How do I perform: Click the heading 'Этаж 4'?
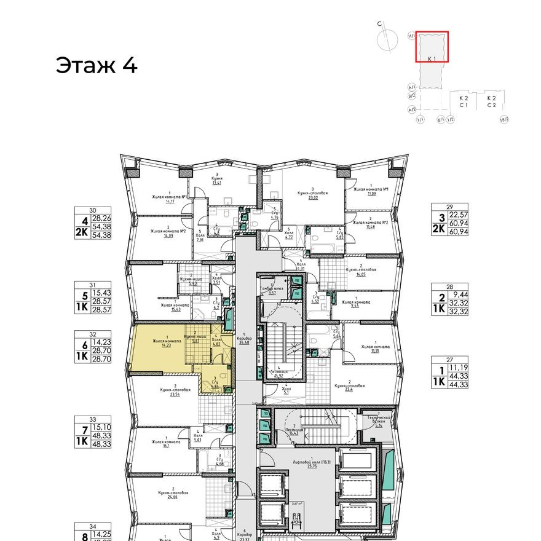(x=97, y=65)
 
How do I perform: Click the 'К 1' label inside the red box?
(x=432, y=58)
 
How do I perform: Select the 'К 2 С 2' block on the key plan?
(x=491, y=101)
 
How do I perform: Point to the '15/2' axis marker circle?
(x=505, y=119)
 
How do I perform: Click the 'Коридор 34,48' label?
(x=245, y=340)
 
